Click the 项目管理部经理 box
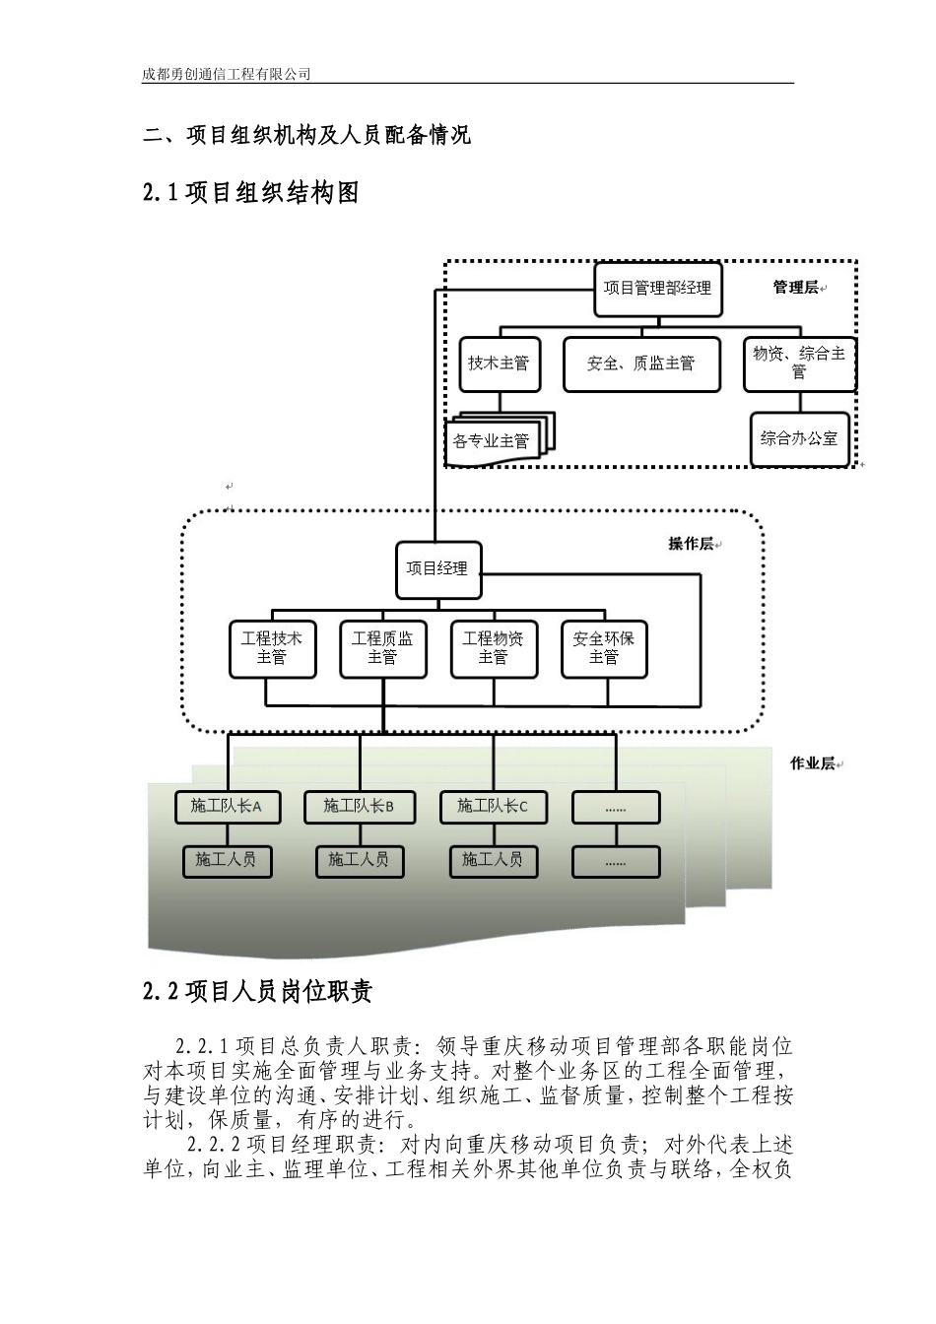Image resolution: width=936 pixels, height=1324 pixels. pos(657,289)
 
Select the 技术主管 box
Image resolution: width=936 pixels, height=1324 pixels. pos(498,364)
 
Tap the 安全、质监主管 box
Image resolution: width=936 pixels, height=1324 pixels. pos(640,364)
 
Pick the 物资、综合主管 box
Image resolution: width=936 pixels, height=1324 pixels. pos(798,363)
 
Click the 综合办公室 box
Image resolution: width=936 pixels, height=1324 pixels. pos(798,438)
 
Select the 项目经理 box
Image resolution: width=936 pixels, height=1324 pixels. pos(437,569)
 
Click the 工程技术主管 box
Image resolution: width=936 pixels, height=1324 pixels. pos(272,648)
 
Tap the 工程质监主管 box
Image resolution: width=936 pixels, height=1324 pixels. pos(382,648)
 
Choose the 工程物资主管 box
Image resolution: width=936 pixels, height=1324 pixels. pos(493,648)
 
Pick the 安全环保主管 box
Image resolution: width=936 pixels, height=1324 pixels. pos(604,648)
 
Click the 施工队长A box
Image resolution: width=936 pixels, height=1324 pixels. pos(226,807)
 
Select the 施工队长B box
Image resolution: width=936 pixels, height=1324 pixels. pos(359,807)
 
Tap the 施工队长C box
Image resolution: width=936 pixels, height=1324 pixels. pos(493,807)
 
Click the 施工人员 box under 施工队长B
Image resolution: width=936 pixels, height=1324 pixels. pos(359,860)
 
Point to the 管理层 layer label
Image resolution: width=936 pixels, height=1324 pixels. pos(795,288)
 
